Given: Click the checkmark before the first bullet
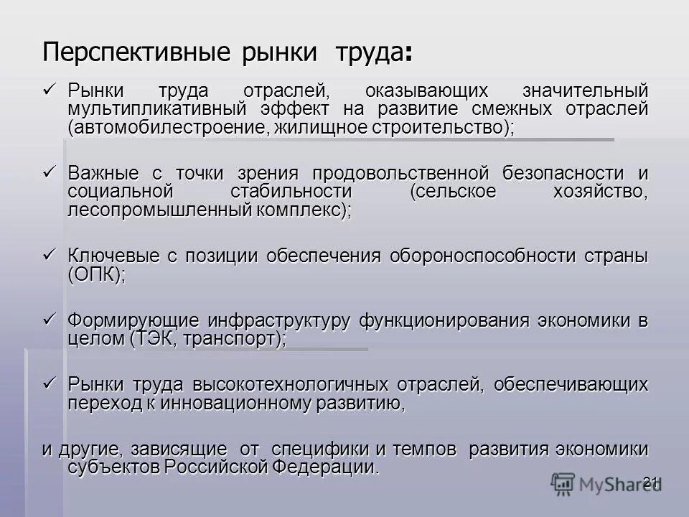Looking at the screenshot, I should point(50,90).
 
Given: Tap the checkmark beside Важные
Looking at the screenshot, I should point(50,172).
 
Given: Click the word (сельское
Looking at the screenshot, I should point(452,192).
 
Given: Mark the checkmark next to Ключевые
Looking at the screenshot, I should point(50,254).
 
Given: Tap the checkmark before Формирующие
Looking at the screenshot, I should point(50,318).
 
